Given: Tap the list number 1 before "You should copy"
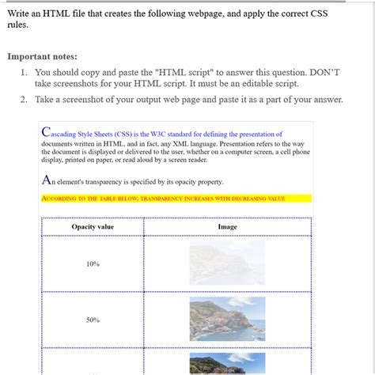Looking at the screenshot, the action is tap(25, 72).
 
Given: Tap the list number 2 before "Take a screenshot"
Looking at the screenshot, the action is tap(25, 100).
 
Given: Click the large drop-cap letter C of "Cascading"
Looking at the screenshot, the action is tap(44, 133).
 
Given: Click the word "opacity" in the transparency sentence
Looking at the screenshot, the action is tap(183, 182).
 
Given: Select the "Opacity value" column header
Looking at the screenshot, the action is tap(93, 227).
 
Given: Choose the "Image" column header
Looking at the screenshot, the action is tap(227, 227).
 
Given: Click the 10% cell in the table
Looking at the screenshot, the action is tap(93, 263).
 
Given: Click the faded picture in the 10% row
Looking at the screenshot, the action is tap(227, 263).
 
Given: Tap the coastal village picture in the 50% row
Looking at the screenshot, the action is tap(227, 319).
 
